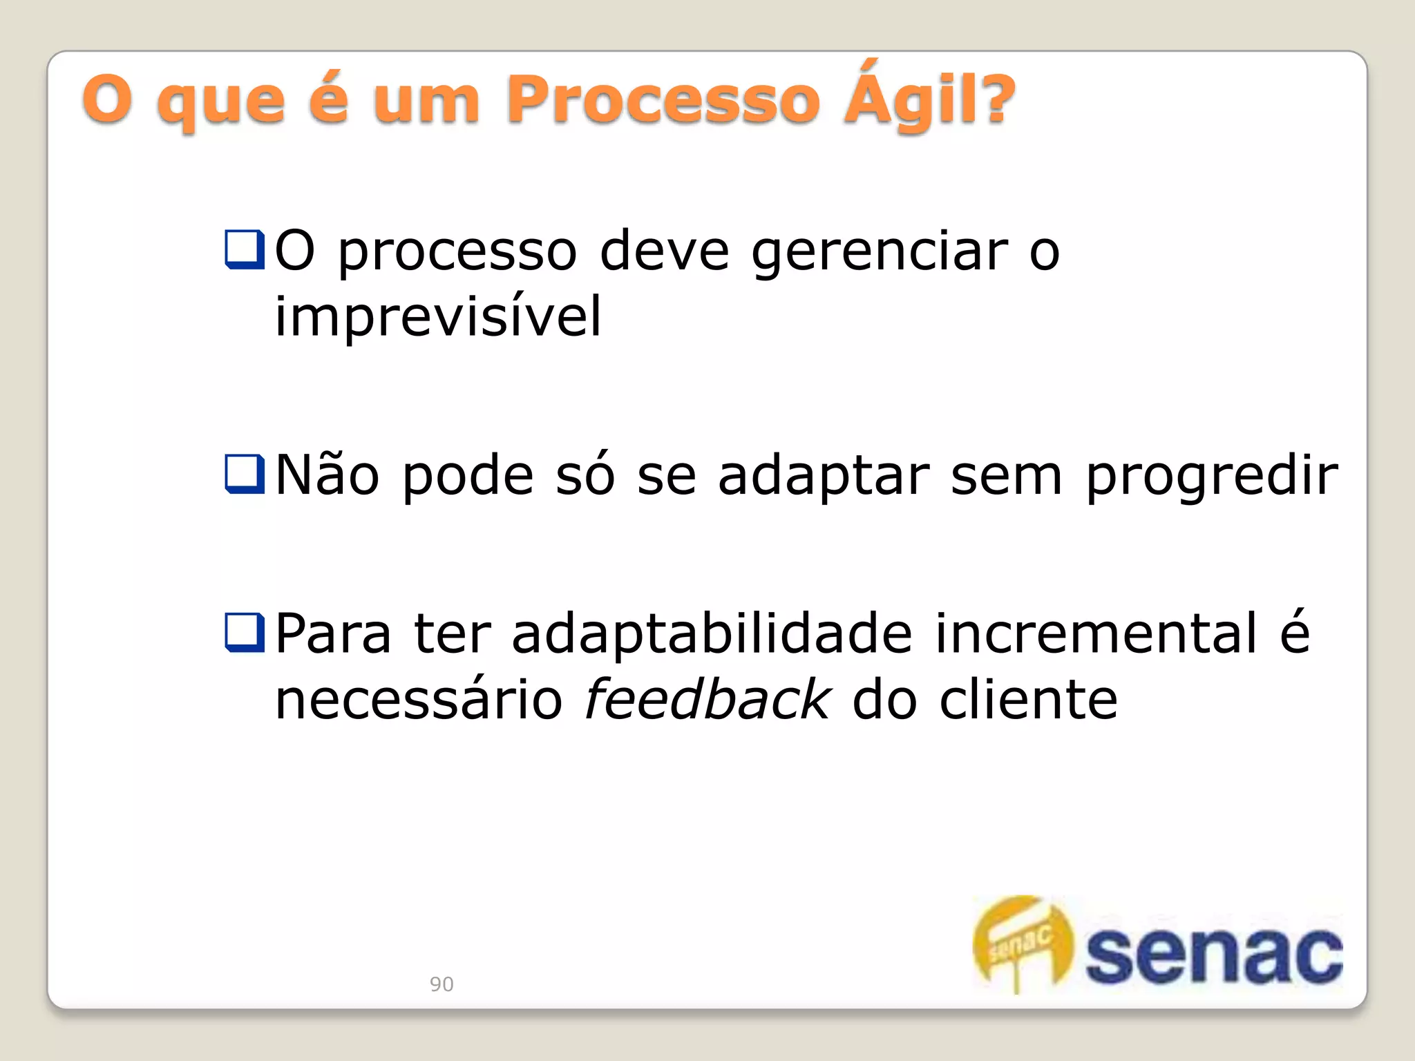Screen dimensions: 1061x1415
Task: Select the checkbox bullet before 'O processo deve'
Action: (x=245, y=249)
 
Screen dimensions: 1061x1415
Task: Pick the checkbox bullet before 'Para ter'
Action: (x=245, y=633)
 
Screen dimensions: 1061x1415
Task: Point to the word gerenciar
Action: (x=880, y=252)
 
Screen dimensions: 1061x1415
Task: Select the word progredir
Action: (x=1212, y=478)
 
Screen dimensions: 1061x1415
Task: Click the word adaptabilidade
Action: (x=712, y=634)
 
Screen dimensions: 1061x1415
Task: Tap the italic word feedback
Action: (x=707, y=699)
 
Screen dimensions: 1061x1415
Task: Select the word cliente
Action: (x=1028, y=699)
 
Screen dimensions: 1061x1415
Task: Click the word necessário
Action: (x=419, y=699)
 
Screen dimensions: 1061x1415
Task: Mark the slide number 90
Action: (x=441, y=984)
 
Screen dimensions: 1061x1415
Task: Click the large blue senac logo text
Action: (x=1213, y=956)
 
